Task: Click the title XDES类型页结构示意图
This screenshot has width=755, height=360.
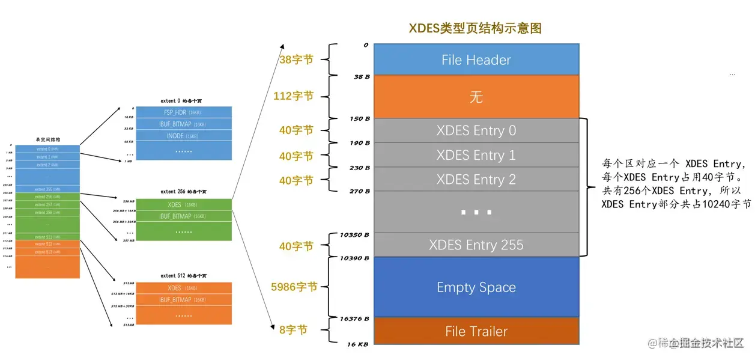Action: [475, 28]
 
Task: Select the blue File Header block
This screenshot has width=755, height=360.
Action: [476, 59]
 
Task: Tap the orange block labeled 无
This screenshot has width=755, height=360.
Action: [476, 97]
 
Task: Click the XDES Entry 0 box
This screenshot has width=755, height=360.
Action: [476, 130]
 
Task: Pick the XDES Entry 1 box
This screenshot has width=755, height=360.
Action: [476, 155]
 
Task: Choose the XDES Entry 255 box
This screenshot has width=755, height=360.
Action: [476, 245]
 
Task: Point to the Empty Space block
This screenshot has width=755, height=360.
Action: [476, 287]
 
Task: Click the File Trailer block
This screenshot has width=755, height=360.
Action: [476, 331]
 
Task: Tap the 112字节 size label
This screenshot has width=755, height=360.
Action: [293, 96]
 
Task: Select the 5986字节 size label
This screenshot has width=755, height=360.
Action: [294, 287]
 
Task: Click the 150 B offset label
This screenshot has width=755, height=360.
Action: [359, 118]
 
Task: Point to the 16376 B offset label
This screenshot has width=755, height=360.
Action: [355, 319]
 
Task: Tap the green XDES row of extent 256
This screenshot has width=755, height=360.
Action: [183, 205]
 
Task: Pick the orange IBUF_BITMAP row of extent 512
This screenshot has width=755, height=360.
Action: [183, 299]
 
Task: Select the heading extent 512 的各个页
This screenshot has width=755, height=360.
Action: [184, 276]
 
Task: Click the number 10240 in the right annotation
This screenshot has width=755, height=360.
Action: [717, 204]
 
